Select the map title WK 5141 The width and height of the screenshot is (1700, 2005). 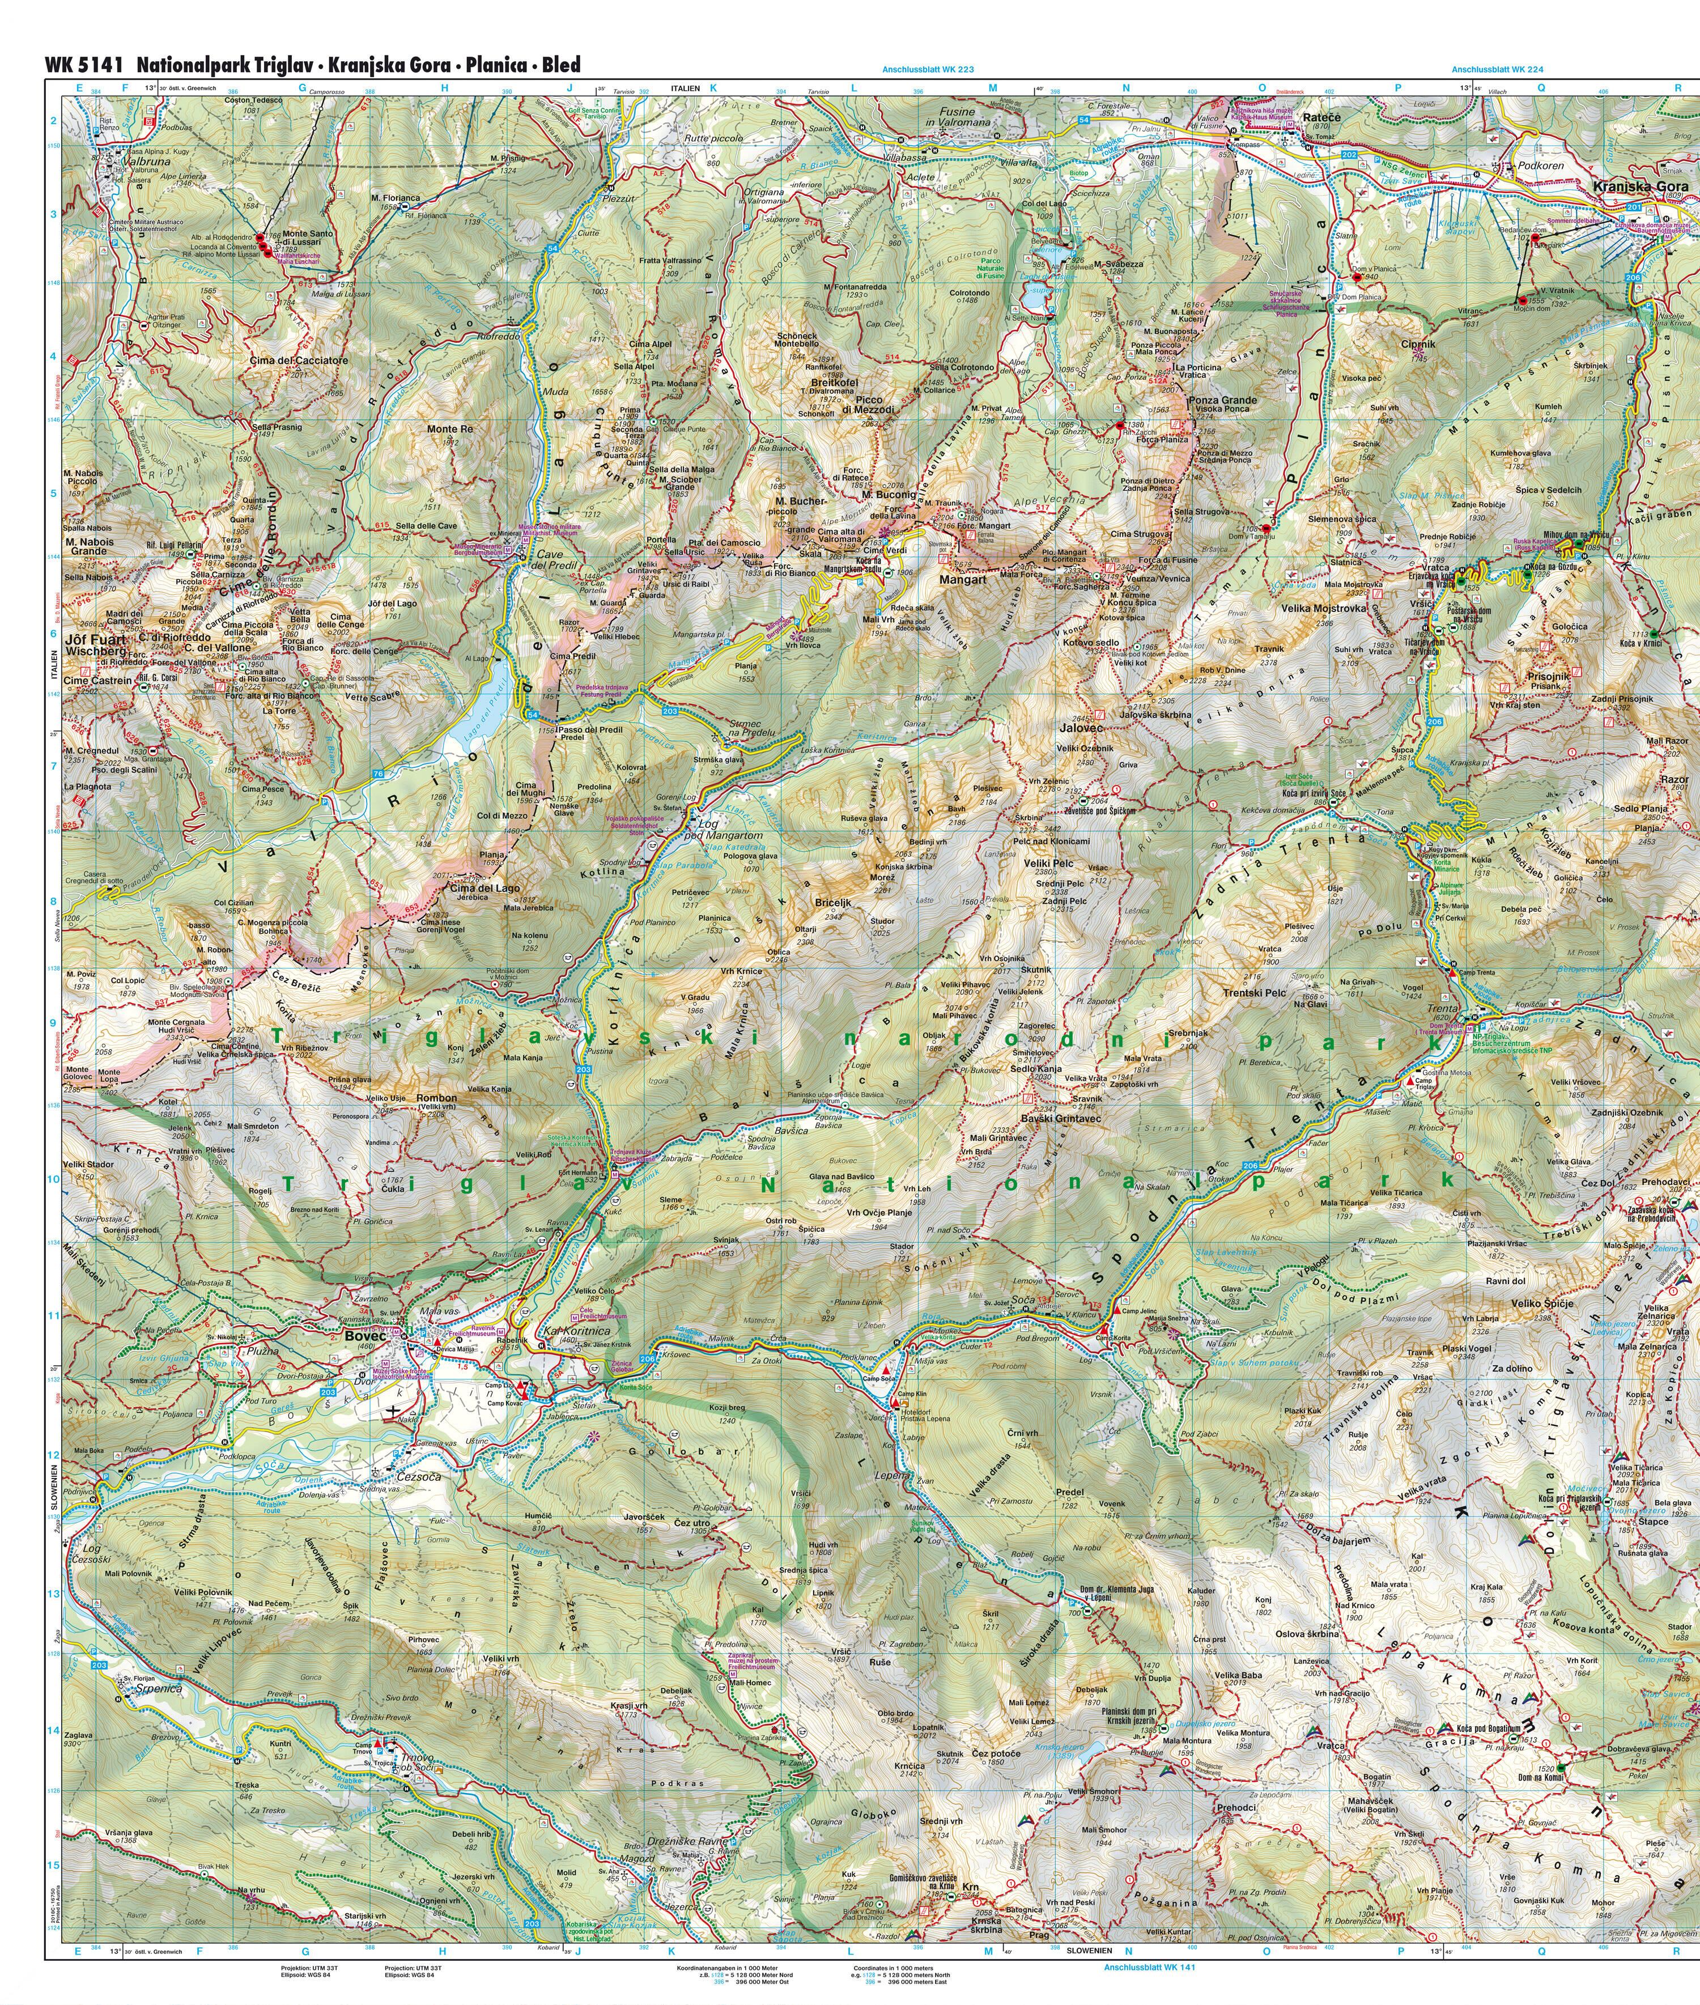(84, 65)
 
